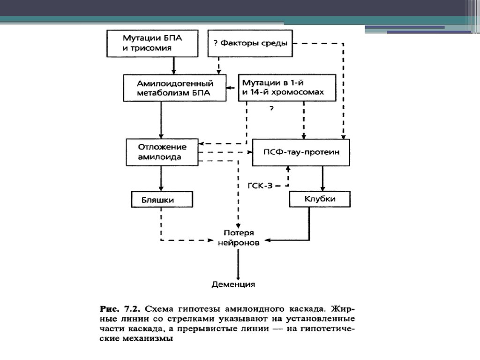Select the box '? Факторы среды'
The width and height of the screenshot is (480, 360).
pyautogui.click(x=250, y=43)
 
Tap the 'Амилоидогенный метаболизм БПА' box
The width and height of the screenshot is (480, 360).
pyautogui.click(x=174, y=88)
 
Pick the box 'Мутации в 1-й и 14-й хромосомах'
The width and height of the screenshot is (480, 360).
pyautogui.click(x=287, y=88)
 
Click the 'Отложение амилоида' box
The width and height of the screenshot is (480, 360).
pyautogui.click(x=162, y=152)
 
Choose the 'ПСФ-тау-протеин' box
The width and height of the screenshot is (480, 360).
pyautogui.click(x=301, y=152)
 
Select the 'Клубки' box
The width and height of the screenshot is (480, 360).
pyautogui.click(x=320, y=199)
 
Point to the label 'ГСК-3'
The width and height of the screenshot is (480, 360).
pyautogui.click(x=259, y=186)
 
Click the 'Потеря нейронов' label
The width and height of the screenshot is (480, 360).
pyautogui.click(x=238, y=238)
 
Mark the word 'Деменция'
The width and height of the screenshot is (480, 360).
pyautogui.click(x=233, y=284)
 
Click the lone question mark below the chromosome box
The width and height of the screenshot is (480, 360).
pyautogui.click(x=271, y=109)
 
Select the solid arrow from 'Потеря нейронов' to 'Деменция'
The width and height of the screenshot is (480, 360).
pyautogui.click(x=238, y=262)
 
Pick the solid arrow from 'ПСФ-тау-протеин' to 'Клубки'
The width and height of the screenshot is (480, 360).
pyautogui.click(x=322, y=178)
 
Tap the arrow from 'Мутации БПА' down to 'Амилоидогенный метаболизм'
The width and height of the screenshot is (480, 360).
pyautogui.click(x=173, y=65)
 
